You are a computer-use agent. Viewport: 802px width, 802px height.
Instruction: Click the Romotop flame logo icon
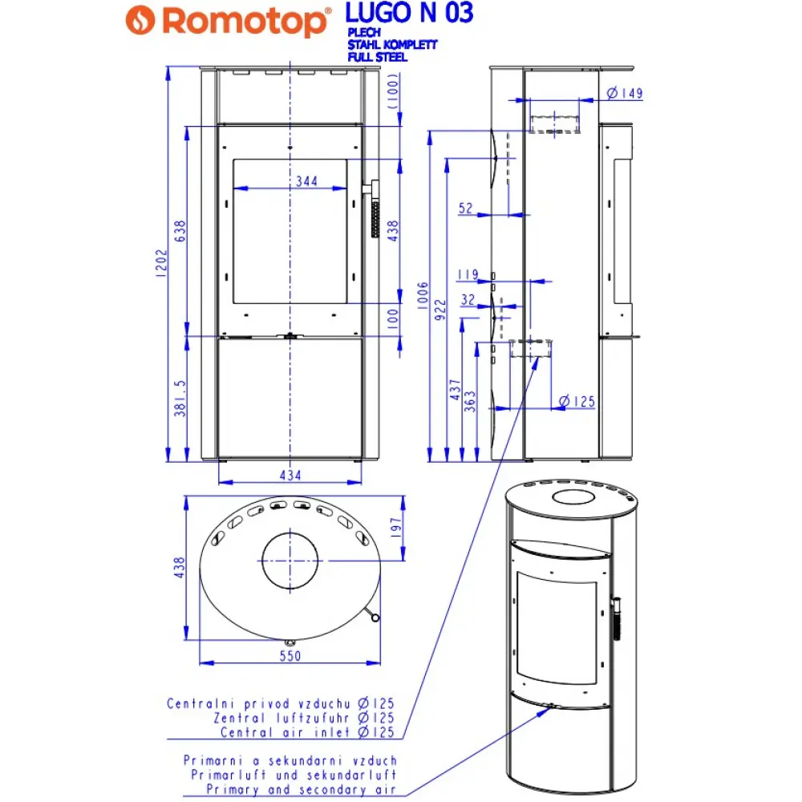tap(144, 19)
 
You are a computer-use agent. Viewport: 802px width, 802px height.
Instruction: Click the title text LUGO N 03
tap(408, 13)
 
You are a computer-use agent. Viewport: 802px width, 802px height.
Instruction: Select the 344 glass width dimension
tap(306, 181)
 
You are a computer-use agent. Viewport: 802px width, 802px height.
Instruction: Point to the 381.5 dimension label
tap(180, 398)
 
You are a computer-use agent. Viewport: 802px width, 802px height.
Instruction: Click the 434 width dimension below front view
tap(290, 476)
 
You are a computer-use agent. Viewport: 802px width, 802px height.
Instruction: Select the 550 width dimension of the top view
tap(289, 656)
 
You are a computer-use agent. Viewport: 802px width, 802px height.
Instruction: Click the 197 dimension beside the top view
tap(394, 527)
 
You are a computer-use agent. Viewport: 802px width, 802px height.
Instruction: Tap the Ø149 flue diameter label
tap(626, 94)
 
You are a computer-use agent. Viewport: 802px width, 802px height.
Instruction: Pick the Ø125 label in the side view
tap(577, 401)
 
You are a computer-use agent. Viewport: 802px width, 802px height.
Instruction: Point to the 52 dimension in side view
tap(466, 209)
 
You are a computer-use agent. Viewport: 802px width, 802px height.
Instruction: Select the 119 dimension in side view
tap(468, 275)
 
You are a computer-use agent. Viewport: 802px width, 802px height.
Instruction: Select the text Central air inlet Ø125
tap(307, 732)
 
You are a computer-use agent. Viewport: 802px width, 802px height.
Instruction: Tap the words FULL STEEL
tap(377, 57)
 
